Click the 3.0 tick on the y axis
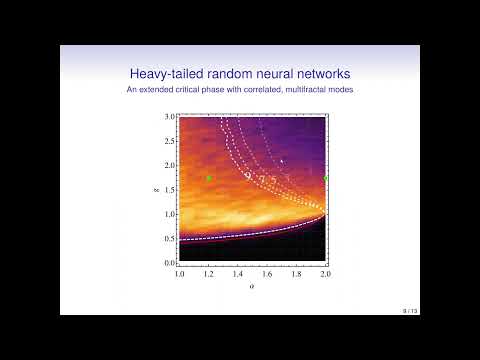point(171,117)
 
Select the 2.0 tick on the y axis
point(171,165)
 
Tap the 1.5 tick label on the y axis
point(171,189)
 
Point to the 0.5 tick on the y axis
point(171,238)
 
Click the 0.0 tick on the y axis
point(171,262)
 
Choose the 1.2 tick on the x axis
point(209,272)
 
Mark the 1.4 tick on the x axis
point(238,272)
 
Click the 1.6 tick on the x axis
point(268,272)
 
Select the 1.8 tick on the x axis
point(297,272)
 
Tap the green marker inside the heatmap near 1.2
point(209,178)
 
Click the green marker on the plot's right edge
point(326,178)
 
